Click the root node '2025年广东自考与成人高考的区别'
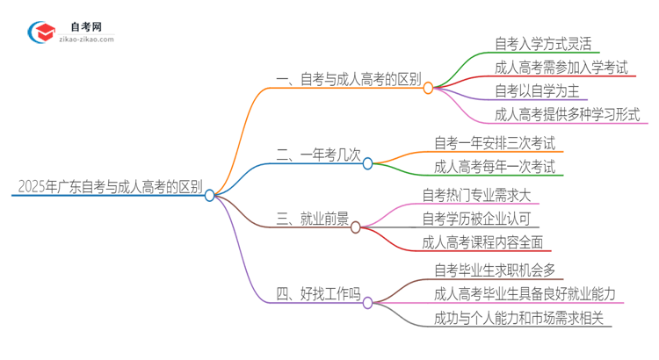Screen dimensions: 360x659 tap(109, 187)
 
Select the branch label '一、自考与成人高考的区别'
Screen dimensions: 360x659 tap(348, 80)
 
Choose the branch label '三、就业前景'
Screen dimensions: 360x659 tap(312, 219)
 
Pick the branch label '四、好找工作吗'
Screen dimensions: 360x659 tap(318, 294)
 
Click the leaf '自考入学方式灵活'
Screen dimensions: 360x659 tap(543, 43)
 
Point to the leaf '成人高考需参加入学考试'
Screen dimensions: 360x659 tap(561, 67)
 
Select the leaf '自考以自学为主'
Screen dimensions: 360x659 tap(537, 90)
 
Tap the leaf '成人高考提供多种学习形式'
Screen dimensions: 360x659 tap(567, 114)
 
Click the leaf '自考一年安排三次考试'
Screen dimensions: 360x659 tap(495, 142)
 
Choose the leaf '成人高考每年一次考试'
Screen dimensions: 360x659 tap(495, 166)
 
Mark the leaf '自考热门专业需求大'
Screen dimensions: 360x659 tap(477, 195)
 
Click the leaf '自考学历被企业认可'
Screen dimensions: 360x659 tap(477, 219)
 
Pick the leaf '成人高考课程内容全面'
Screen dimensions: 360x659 tap(482, 242)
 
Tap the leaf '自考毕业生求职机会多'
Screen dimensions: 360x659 tap(495, 270)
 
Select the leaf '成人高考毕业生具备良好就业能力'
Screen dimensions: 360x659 tap(525, 294)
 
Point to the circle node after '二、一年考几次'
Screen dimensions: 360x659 tap(368, 162)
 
